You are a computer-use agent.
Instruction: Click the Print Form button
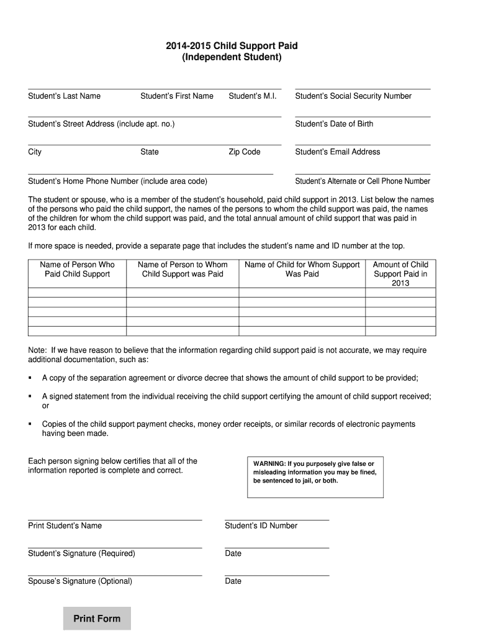[97, 619]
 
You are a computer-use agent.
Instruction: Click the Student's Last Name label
[64, 96]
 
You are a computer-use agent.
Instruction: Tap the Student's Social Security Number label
[353, 96]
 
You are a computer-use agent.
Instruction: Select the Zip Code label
[245, 152]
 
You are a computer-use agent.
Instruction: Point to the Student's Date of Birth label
[334, 124]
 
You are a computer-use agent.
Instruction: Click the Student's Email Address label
[338, 152]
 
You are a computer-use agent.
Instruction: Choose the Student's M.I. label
[252, 96]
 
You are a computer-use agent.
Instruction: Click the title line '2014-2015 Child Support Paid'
[232, 46]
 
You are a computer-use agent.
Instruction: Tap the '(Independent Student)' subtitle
[232, 58]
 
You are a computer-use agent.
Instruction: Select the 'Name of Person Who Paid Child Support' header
[77, 269]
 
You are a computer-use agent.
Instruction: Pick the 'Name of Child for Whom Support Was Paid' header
[302, 269]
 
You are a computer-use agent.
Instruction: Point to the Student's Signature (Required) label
[81, 553]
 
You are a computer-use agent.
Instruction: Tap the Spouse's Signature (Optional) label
[80, 581]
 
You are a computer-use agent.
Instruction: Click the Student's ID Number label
[261, 525]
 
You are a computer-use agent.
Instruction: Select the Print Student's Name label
[65, 525]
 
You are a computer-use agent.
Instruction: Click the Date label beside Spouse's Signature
[233, 581]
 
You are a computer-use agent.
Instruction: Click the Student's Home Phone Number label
[118, 181]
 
